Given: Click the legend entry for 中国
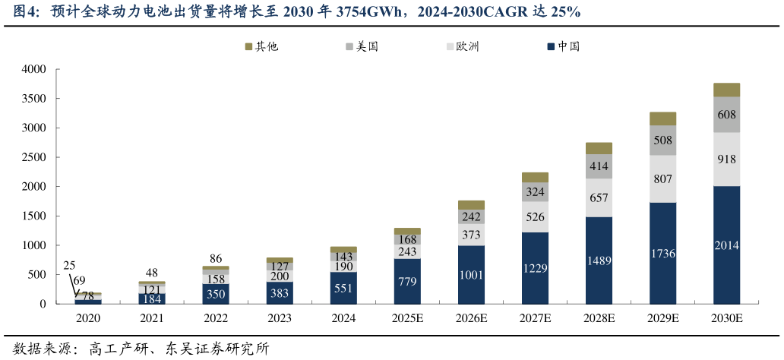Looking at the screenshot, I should pyautogui.click(x=563, y=46).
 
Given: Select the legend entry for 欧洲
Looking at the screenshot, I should pyautogui.click(x=462, y=46).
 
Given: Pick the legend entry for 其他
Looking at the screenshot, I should pyautogui.click(x=261, y=46).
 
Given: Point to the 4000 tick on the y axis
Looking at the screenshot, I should pyautogui.click(x=34, y=69).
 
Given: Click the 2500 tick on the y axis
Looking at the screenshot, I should pyautogui.click(x=34, y=157).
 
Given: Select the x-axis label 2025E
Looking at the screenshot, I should pyautogui.click(x=407, y=318).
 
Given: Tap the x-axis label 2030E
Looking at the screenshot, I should pyautogui.click(x=727, y=318).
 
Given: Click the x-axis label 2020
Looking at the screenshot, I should pyautogui.click(x=87, y=318).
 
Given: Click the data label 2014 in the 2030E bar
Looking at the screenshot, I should pyautogui.click(x=727, y=245).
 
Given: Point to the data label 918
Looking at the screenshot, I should pyautogui.click(x=727, y=159).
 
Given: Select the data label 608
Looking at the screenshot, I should pyautogui.click(x=727, y=115).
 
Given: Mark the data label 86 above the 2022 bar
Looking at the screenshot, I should pyautogui.click(x=216, y=258).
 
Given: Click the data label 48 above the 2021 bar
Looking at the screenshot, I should pyautogui.click(x=152, y=273).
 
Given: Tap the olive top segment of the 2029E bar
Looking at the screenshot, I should pyautogui.click(x=662, y=118).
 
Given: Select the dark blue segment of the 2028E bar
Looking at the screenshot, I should pyautogui.click(x=599, y=261).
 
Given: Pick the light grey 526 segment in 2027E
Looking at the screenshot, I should pyautogui.click(x=535, y=216).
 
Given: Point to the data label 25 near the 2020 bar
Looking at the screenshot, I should pyautogui.click(x=69, y=266).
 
